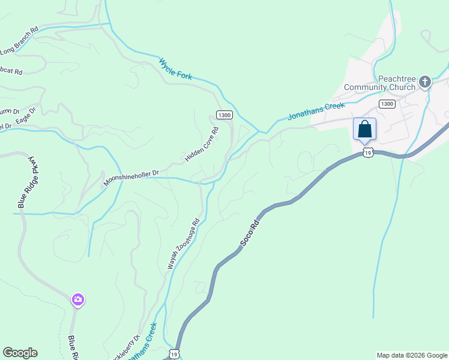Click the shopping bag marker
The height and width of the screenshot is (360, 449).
tap(364, 130)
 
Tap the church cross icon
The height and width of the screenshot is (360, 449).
tap(425, 82)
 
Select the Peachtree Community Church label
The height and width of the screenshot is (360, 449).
tap(379, 83)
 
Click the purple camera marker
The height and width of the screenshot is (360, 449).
tap(77, 299)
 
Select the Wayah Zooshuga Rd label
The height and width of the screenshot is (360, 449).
tap(182, 243)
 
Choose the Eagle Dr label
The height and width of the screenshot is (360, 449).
tap(26, 116)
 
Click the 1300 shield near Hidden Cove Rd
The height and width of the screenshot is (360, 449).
tap(224, 115)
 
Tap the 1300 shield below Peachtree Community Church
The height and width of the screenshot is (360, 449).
tap(387, 104)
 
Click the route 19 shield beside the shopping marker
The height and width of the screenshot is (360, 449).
tap(368, 153)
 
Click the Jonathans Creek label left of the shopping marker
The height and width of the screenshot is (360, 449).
tap(316, 111)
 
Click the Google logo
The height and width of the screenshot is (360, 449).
tap(20, 353)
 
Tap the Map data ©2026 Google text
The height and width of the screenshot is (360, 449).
tap(412, 355)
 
